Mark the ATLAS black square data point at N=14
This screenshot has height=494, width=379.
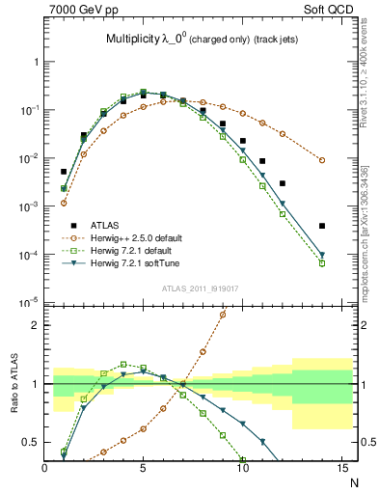pos(322,226)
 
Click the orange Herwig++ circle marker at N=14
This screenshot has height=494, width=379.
pos(322,160)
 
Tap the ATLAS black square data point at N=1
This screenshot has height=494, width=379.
pos(64,145)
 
